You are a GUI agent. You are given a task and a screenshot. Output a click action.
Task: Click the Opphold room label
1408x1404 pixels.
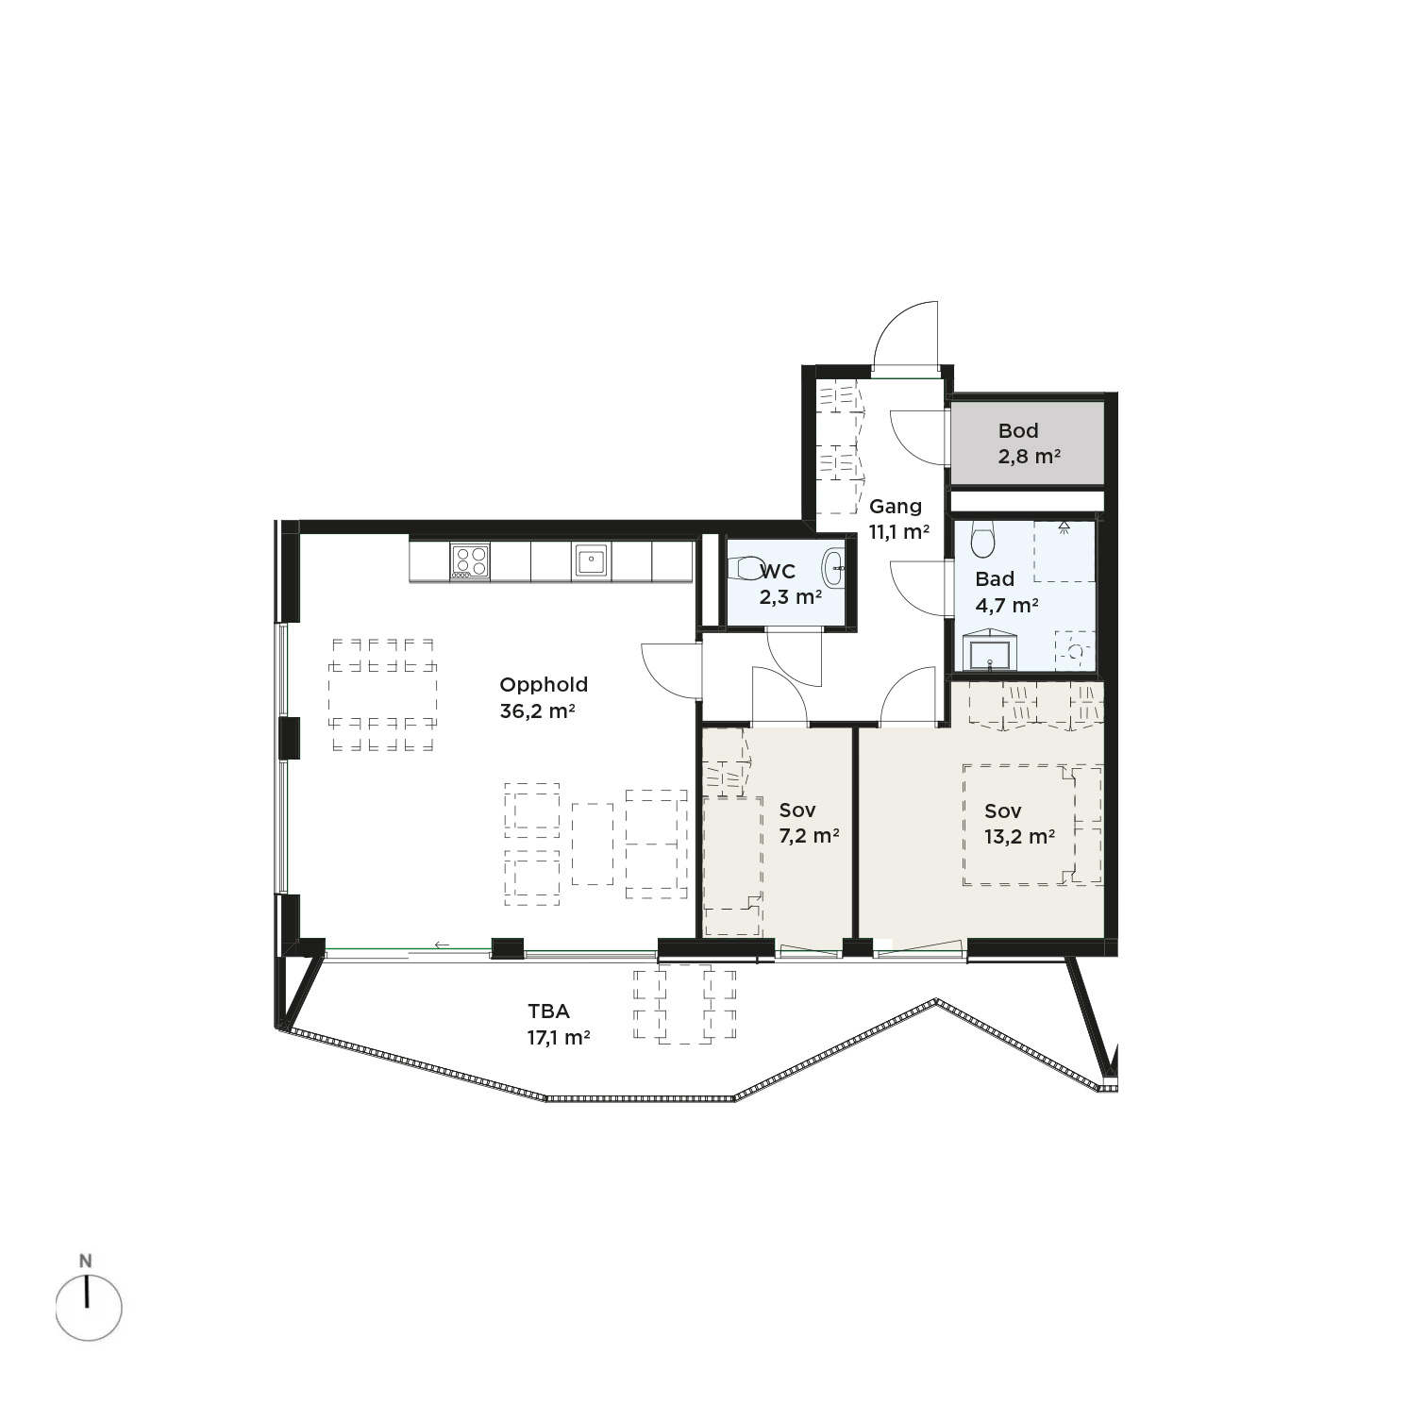544,686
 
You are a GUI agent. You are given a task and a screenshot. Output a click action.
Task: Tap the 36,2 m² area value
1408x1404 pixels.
537,711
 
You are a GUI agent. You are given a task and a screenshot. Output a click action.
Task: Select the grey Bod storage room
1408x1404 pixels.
1027,443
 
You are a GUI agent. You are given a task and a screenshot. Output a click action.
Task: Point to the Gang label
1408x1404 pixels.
895,507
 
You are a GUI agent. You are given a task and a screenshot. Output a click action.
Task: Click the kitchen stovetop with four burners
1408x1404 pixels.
470,561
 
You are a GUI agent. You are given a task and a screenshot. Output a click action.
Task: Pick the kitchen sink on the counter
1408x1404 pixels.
590,561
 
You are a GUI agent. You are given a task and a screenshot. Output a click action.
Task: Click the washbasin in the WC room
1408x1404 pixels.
833,568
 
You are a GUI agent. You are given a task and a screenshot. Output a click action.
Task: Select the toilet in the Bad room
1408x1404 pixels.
982,539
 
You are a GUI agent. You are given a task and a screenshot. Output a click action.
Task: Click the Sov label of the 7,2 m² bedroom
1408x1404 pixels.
797,811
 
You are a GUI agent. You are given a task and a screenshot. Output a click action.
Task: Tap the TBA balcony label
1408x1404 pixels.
548,1011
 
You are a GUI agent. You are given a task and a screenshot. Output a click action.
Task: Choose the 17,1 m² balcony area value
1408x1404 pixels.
559,1038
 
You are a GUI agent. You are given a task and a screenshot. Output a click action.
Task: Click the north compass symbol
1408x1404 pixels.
88,1308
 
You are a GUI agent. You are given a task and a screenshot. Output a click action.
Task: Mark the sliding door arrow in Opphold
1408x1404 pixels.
443,944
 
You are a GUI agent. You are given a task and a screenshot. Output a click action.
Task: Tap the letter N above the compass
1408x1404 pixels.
86,1261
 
